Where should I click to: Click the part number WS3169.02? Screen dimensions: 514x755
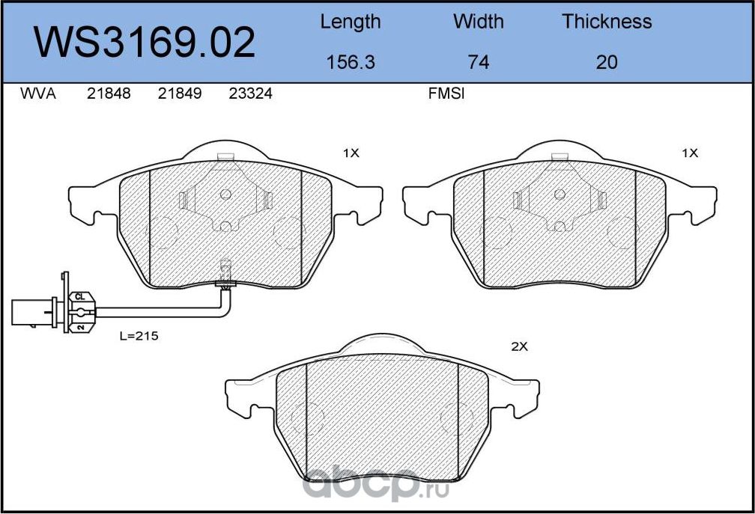tap(145, 43)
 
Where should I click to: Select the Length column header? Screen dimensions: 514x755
tap(350, 22)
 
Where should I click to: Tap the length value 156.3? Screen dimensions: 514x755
tap(350, 62)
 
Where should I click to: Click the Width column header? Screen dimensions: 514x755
tap(478, 22)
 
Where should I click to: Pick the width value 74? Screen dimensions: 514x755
tap(478, 62)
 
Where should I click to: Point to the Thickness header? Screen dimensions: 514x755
tap(607, 22)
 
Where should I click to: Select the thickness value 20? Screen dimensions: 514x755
tap(607, 62)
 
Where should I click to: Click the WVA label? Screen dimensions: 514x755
tap(38, 94)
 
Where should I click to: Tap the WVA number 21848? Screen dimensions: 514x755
tap(109, 94)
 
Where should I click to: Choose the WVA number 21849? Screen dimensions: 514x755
tap(180, 94)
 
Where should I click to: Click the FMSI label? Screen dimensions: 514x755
tap(446, 94)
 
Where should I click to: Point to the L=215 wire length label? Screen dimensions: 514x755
tap(139, 337)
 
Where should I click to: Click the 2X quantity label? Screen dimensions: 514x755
tap(519, 347)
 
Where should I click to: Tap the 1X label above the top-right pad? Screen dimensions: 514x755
tap(689, 153)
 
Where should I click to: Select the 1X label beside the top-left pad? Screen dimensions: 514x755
tap(351, 153)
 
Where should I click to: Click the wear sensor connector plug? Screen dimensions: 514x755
tap(34, 312)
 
